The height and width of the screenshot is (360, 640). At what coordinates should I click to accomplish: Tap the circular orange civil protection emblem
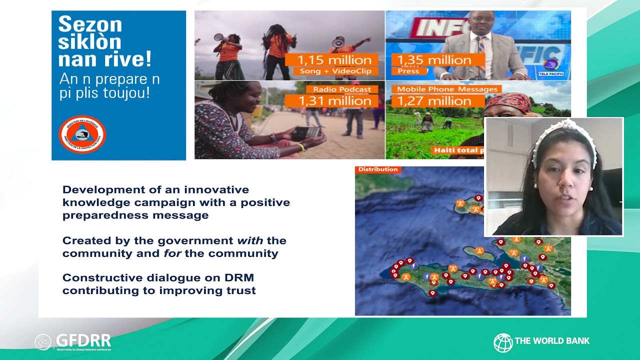click(x=82, y=134)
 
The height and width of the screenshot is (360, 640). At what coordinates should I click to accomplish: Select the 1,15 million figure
click(x=334, y=60)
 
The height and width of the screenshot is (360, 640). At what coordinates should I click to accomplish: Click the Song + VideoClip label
click(x=335, y=71)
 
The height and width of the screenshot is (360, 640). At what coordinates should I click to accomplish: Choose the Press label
click(x=408, y=71)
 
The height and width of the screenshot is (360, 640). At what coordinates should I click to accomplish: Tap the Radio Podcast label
click(x=342, y=89)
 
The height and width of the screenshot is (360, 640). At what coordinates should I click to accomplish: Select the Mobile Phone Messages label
click(x=447, y=89)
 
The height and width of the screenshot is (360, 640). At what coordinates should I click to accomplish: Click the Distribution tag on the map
click(x=378, y=169)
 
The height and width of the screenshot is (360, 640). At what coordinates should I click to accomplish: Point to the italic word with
click(x=250, y=240)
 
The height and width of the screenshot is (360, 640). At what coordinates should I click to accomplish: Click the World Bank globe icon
click(x=502, y=342)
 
